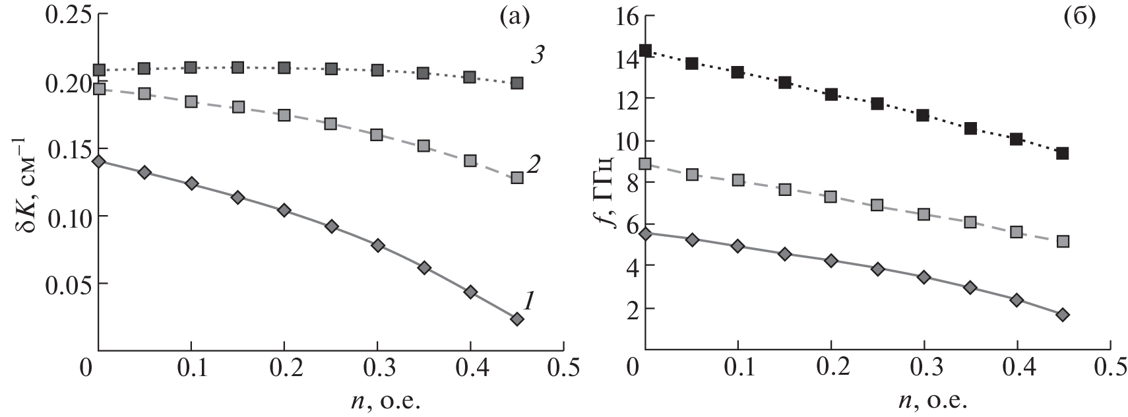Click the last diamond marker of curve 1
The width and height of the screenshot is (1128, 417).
(x=517, y=319)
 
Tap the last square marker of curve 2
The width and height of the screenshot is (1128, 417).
(x=517, y=177)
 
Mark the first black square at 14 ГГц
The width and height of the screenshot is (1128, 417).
(x=646, y=50)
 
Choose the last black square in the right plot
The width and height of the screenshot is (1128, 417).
(x=1063, y=153)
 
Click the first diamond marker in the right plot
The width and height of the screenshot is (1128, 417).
(x=646, y=234)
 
